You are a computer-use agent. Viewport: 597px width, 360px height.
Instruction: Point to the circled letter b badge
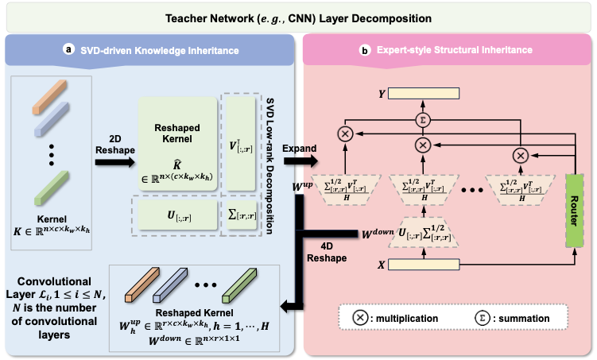[365, 49]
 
